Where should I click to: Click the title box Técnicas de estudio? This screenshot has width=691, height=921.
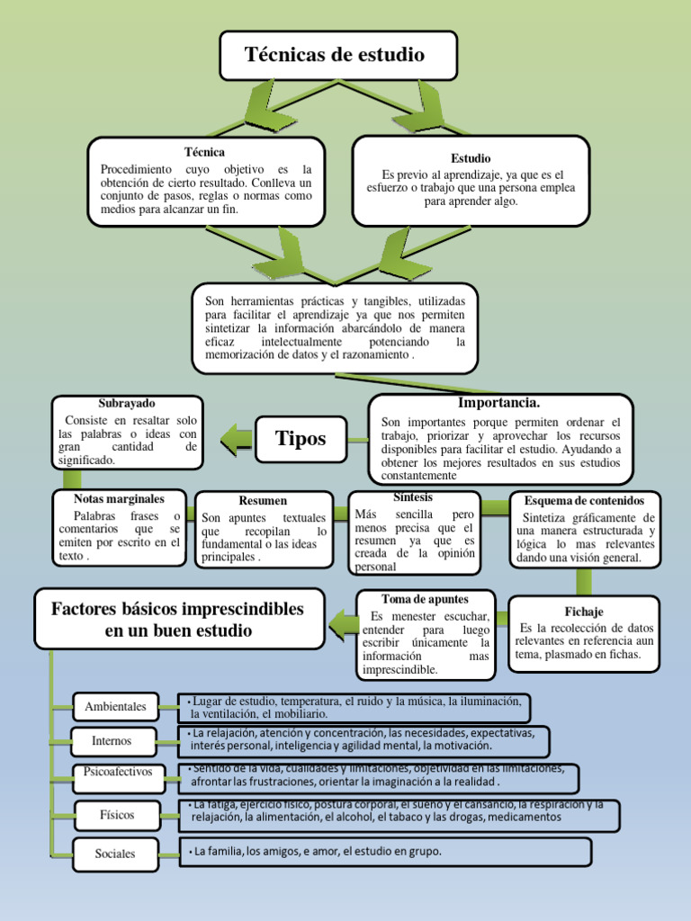[338, 56]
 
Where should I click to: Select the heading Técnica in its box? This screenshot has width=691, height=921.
[204, 152]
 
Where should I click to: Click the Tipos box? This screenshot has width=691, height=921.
[301, 439]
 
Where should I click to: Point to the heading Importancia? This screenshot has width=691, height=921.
[498, 403]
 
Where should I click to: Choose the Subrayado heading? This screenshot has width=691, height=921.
[126, 404]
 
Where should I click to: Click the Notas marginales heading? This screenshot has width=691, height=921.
[119, 498]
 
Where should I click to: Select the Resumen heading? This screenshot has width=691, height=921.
[263, 500]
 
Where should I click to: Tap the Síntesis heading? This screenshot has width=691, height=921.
[413, 497]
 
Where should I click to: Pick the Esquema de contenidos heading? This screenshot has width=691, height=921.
[585, 500]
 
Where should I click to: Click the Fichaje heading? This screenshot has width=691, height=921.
[585, 612]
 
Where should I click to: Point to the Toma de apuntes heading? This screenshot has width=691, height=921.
[425, 598]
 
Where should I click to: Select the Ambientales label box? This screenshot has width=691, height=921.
[115, 707]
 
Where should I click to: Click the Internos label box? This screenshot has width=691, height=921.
[112, 741]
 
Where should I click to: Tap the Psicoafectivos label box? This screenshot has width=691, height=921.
[118, 772]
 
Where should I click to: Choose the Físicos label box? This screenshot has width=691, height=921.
[118, 815]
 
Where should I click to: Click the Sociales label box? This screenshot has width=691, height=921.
[115, 854]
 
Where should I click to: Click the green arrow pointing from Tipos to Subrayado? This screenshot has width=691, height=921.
[237, 438]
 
